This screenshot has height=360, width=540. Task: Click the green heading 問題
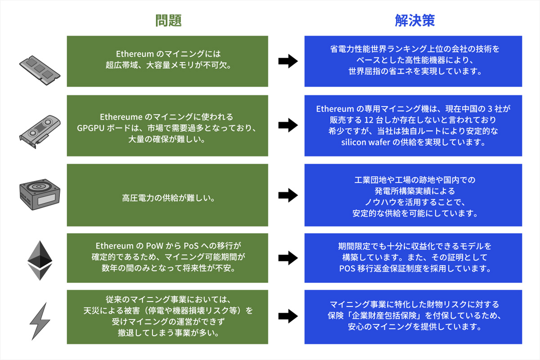click(168, 21)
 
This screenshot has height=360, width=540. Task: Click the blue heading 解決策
click(414, 21)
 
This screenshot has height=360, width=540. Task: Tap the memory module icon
click(40, 67)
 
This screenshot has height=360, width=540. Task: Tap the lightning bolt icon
click(40, 321)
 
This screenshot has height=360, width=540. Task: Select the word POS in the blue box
click(347, 269)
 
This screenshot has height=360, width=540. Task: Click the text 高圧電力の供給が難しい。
click(167, 197)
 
